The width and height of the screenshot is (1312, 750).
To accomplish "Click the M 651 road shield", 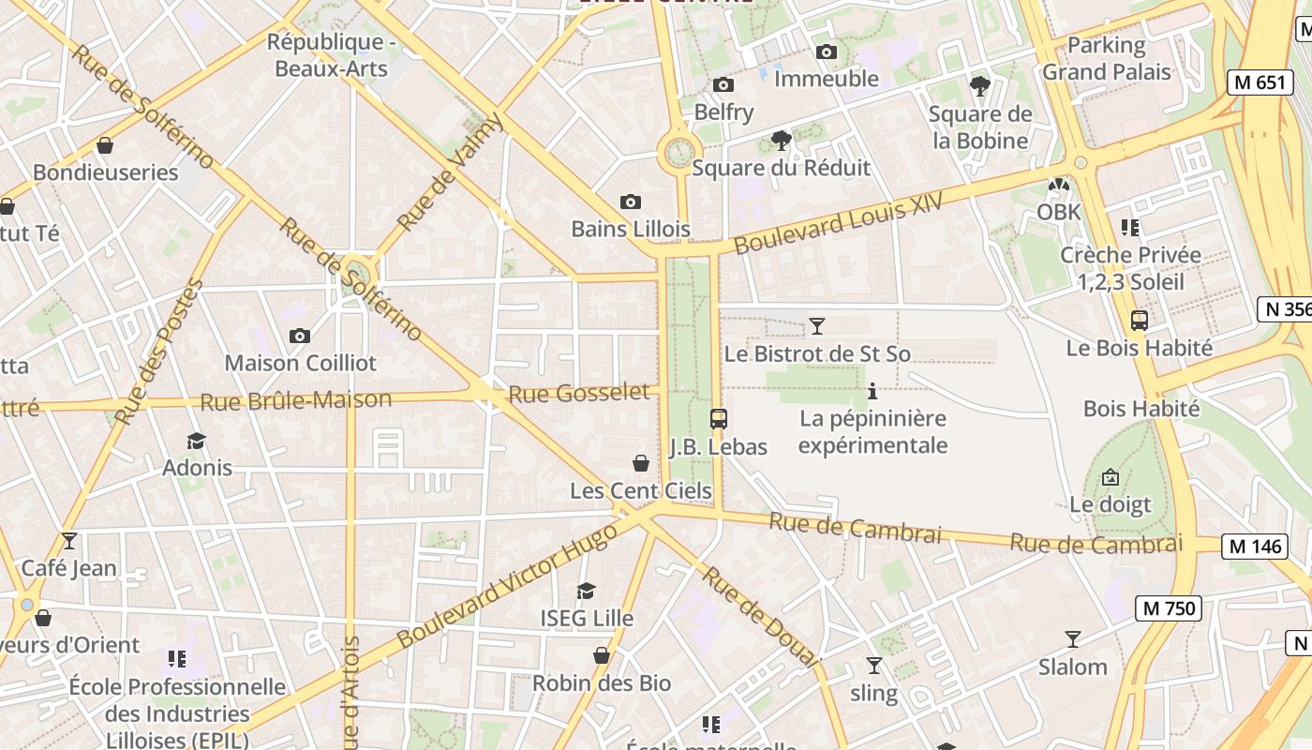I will (x=1260, y=82).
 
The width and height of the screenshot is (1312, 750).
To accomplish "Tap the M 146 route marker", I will (x=1255, y=546).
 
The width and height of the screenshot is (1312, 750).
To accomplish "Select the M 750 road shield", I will (x=1168, y=608).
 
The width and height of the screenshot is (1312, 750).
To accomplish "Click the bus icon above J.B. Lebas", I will (x=719, y=419).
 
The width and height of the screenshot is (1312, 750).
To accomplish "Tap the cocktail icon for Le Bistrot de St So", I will (x=817, y=326).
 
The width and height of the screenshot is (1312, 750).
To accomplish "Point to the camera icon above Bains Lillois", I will (x=631, y=202).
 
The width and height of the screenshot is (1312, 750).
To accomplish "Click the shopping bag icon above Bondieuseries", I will (x=105, y=145).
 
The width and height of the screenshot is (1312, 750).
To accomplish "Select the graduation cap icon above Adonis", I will (x=196, y=441).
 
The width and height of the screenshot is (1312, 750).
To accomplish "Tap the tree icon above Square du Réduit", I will (x=781, y=141).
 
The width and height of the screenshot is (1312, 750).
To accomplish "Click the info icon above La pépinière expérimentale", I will (x=872, y=391).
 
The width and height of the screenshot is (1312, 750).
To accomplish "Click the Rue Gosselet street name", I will (x=578, y=394).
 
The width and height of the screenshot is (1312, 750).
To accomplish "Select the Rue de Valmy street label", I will (x=451, y=172).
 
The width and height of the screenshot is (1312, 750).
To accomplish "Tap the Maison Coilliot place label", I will (x=300, y=363).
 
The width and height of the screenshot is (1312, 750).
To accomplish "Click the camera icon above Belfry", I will (x=723, y=85).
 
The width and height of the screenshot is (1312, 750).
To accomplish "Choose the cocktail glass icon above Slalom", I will (x=1073, y=639).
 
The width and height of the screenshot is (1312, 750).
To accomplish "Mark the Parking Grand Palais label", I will (x=1107, y=58).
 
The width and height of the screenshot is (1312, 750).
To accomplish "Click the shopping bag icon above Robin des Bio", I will (x=602, y=655).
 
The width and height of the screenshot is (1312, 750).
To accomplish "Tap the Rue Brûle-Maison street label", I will (x=296, y=401).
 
